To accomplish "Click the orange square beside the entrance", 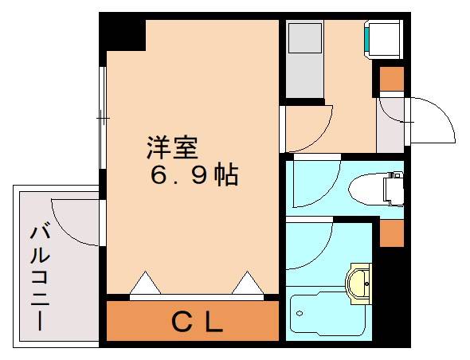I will click(x=391, y=79).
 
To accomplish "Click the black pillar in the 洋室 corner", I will click(x=126, y=34).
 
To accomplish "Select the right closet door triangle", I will click(x=247, y=283).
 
